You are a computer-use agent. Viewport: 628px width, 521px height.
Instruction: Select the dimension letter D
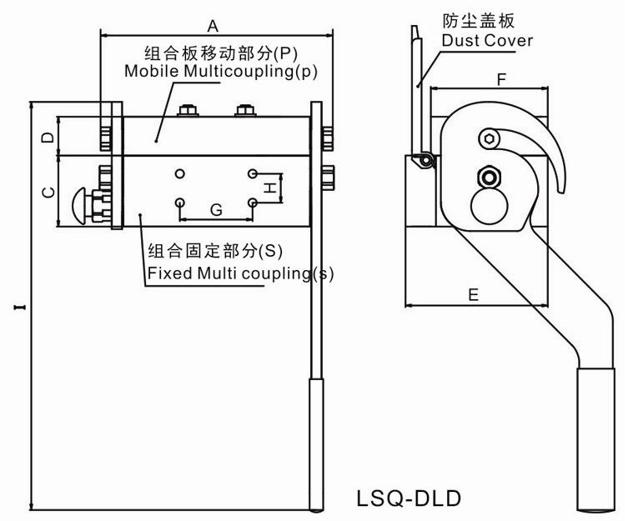(48, 136)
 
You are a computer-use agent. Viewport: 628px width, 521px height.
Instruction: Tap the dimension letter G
(216, 210)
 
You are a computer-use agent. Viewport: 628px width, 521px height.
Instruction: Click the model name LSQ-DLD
(409, 498)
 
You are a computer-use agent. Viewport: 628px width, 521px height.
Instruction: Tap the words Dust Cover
(488, 40)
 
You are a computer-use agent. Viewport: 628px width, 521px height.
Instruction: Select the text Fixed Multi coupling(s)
(240, 272)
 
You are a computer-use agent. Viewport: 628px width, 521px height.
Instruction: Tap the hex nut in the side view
(487, 176)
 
